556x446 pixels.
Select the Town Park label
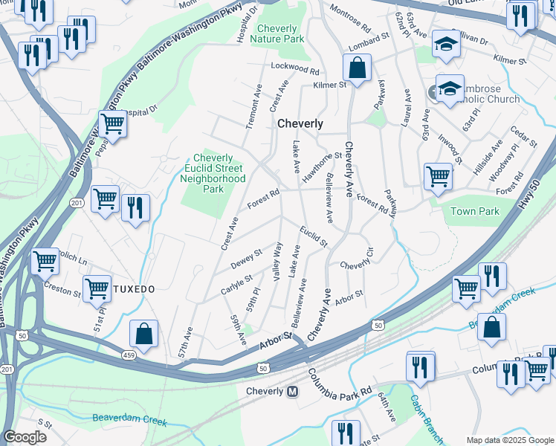coord(475,211)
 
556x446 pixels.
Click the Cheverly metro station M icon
coord(292,391)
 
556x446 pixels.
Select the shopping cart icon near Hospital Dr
coord(112,124)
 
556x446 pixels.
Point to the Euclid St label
coord(314,236)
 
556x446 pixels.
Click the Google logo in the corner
coord(25,437)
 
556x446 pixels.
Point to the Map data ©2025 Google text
coord(509,440)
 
